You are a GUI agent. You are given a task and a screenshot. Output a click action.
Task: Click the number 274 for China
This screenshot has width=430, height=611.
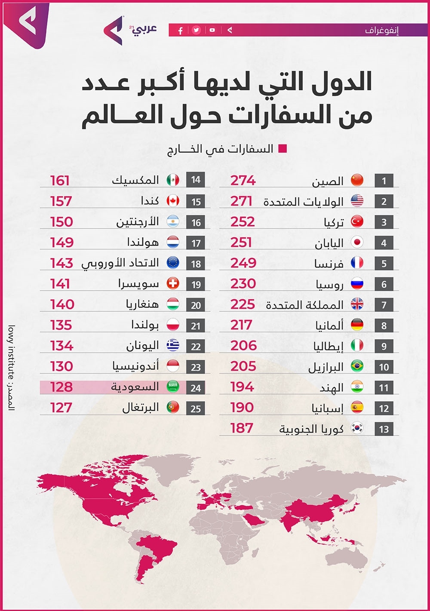pyautogui.click(x=243, y=181)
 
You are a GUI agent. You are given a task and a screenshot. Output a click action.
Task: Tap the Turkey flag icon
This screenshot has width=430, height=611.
pyautogui.click(x=357, y=222)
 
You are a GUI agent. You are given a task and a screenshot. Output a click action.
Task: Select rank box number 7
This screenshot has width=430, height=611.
pyautogui.click(x=384, y=305)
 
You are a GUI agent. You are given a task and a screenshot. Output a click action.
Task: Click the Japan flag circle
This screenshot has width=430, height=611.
pyautogui.click(x=357, y=243)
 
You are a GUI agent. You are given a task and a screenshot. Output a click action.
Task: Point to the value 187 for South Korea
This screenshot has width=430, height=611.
pyautogui.click(x=242, y=428)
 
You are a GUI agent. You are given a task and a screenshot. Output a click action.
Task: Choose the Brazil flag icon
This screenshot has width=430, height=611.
pyautogui.click(x=357, y=366)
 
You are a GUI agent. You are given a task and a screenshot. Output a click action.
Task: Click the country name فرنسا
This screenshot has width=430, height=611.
pyautogui.click(x=329, y=264)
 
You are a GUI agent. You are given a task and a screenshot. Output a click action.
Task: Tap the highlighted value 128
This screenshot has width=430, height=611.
pyautogui.click(x=61, y=387)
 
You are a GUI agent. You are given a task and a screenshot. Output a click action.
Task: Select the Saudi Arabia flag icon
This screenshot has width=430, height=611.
pyautogui.click(x=173, y=387)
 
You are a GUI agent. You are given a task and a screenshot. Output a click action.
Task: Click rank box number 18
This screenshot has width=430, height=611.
pyautogui.click(x=196, y=264)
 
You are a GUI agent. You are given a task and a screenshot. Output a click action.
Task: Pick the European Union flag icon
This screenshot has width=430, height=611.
pyautogui.click(x=173, y=263)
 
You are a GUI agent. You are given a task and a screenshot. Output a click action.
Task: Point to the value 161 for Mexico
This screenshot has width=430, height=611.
pyautogui.click(x=60, y=181)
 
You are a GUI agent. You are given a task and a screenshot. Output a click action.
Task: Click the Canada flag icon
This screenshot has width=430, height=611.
pyautogui.click(x=173, y=201)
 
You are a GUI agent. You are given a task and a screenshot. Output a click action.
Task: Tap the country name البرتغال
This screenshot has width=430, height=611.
pyautogui.click(x=141, y=407)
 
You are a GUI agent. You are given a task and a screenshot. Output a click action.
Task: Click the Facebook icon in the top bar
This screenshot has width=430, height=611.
pyautogui.click(x=181, y=31)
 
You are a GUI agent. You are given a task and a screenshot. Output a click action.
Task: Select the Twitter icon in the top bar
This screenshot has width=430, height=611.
pyautogui.click(x=196, y=30)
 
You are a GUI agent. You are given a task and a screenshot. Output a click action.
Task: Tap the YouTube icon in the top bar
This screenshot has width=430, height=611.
pyautogui.click(x=212, y=30)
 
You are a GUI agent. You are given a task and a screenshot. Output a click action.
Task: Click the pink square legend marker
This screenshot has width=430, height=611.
pyautogui.click(x=283, y=149)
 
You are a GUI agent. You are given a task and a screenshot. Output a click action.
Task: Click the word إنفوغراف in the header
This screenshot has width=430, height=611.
pyautogui.click(x=382, y=31)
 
